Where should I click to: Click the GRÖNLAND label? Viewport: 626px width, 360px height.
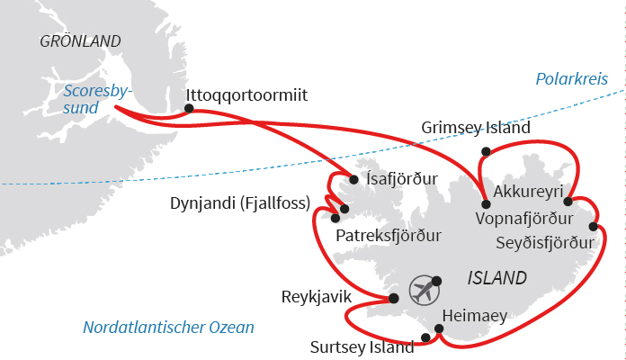(x=81, y=40)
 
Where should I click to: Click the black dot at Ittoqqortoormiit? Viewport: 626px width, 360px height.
(x=189, y=109)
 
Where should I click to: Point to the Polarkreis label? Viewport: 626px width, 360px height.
(x=571, y=80)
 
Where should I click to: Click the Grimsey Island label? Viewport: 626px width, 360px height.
(x=476, y=128)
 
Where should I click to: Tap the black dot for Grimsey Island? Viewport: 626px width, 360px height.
(x=486, y=151)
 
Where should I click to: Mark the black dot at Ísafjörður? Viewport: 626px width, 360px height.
(x=353, y=180)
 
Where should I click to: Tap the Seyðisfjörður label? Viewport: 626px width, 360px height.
(x=545, y=243)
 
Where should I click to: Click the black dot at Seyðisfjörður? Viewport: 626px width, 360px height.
(x=594, y=226)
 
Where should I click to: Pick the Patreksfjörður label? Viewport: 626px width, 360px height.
(x=389, y=236)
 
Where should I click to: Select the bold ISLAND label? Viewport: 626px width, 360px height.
(x=497, y=277)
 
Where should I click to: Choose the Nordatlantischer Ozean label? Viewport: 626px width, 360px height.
(x=168, y=328)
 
